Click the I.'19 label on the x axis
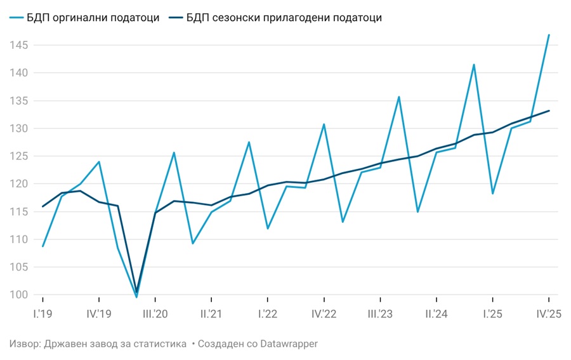[x=43, y=314]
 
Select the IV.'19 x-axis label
[x=99, y=314]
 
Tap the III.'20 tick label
[x=155, y=314]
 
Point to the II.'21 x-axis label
[x=211, y=314]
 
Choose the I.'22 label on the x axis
[x=267, y=314]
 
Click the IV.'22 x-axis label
[x=324, y=314]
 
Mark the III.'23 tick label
[x=379, y=314]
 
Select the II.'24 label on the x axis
[x=436, y=314]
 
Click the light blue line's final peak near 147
[x=548, y=35]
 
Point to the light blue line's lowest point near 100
[x=136, y=297]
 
